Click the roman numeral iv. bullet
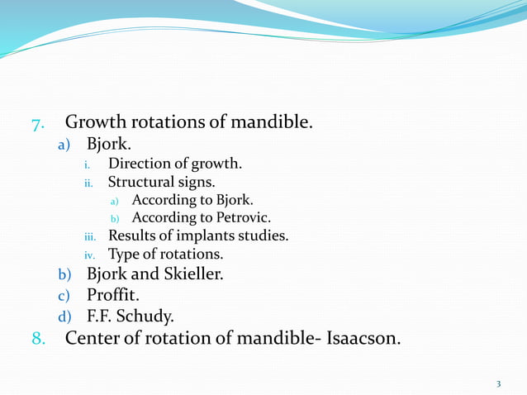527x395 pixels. click(92, 255)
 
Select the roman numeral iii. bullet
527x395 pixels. click(91, 237)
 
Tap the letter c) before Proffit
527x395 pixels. click(63, 295)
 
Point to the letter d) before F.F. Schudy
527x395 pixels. click(63, 316)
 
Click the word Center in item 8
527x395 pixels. click(94, 338)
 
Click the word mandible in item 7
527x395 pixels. click(270, 123)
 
